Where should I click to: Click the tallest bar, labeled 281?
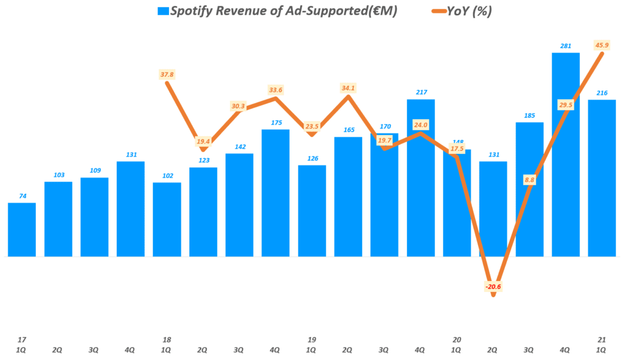[x=565, y=154]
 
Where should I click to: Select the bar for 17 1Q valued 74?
[x=21, y=229]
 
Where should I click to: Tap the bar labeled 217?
[x=420, y=178]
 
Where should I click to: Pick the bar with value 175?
[x=276, y=193]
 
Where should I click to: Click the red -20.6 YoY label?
[x=493, y=286]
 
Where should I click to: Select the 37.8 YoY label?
[x=167, y=74]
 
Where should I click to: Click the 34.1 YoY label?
[x=349, y=88]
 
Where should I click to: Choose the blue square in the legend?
[x=162, y=12]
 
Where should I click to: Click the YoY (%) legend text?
[x=472, y=12]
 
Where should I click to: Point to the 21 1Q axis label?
[x=602, y=345]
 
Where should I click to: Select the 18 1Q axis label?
[x=167, y=345]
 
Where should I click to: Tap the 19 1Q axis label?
[x=311, y=345]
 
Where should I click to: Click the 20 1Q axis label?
[x=456, y=345]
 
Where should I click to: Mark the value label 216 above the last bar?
[x=602, y=92]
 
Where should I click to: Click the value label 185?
[x=529, y=115]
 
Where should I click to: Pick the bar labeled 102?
[x=167, y=220]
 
